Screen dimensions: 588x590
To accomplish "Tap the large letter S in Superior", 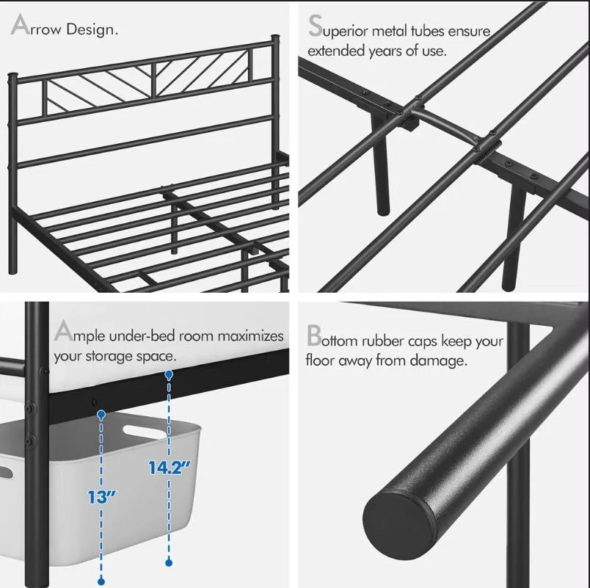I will coord(316,26).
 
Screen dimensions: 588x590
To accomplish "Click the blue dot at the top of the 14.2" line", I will coord(169,374).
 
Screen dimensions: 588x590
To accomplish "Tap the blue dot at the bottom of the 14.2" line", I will coord(169,562).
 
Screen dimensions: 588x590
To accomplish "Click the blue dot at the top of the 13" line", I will coord(100,415).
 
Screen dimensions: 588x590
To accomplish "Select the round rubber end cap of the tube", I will coord(397,517).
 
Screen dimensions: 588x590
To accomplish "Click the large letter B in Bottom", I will coord(314,337).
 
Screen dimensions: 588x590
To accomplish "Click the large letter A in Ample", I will coord(63,332).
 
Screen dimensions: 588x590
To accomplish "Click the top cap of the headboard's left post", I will coord(12,76).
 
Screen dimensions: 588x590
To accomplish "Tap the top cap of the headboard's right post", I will coord(275,36).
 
